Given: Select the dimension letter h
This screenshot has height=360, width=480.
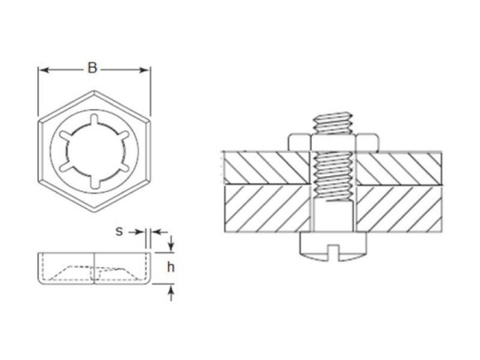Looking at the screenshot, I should [x=170, y=266].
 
